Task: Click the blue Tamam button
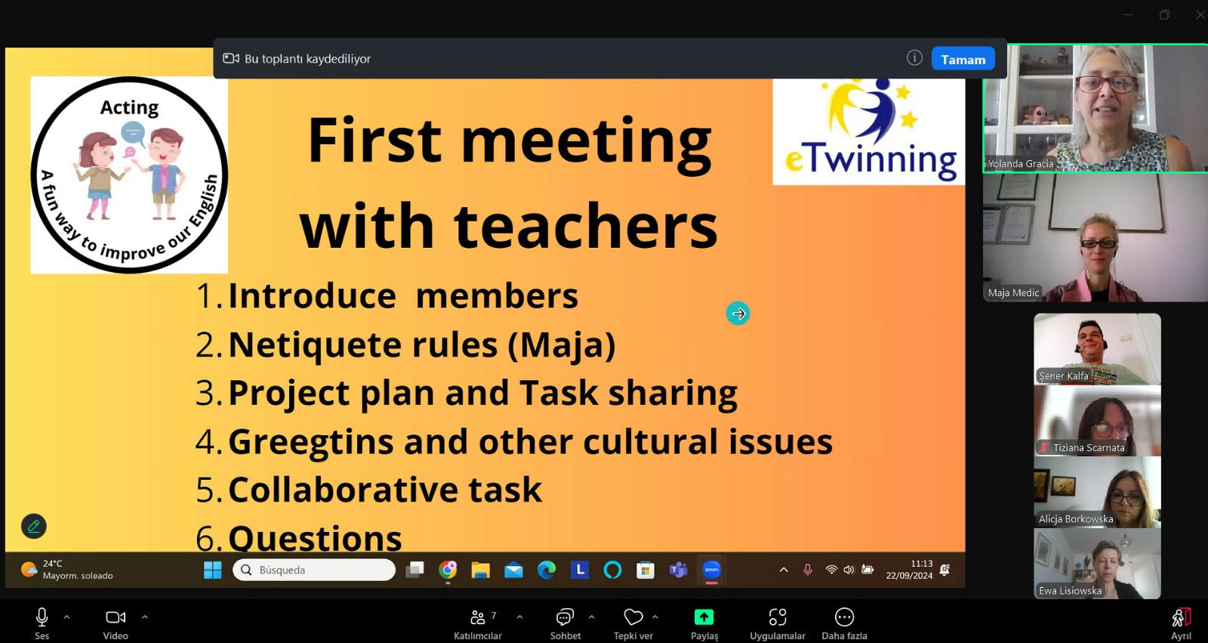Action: point(963,60)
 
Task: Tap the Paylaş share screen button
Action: point(704,617)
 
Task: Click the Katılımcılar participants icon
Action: point(477,617)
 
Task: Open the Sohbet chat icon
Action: point(565,617)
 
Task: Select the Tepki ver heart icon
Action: point(633,617)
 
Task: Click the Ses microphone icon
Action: point(42,617)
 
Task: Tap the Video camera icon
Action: point(116,617)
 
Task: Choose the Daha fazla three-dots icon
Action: point(844,617)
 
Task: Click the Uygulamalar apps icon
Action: point(778,617)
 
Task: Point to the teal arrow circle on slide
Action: point(738,313)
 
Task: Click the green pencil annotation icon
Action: point(33,526)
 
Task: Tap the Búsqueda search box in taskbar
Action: point(314,570)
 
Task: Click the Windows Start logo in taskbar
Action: point(212,570)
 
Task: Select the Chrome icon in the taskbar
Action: point(447,570)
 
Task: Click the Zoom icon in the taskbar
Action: point(711,570)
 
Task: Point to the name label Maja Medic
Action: point(1013,292)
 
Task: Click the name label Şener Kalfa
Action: point(1064,376)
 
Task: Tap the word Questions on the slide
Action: point(315,538)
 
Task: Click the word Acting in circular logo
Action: point(129,107)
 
